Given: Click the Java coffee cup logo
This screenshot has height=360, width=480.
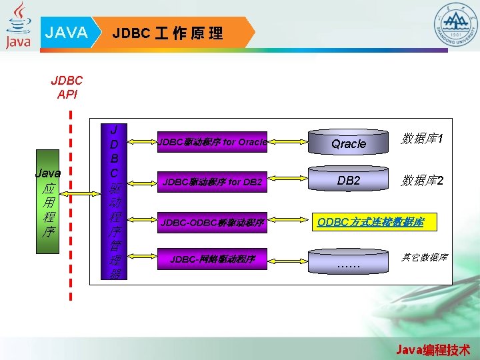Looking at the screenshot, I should click(x=19, y=25).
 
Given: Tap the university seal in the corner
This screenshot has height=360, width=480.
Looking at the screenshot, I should click(x=456, y=25).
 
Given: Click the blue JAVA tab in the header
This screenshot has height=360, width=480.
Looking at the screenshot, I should click(x=67, y=33).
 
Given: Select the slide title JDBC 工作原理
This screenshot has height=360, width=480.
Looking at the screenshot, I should click(x=168, y=33).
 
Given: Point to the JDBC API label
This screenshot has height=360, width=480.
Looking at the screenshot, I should click(x=67, y=87).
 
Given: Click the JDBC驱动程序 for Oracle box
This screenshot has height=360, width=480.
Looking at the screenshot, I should click(x=213, y=141).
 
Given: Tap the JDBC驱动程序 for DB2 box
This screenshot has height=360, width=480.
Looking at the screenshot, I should click(x=213, y=181).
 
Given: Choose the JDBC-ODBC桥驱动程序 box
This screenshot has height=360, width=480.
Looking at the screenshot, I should click(x=213, y=222).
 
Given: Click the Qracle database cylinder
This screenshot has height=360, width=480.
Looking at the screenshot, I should click(x=349, y=143).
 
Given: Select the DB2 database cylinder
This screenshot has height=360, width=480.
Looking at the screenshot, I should click(x=349, y=180).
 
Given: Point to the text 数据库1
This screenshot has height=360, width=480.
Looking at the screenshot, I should click(x=422, y=139).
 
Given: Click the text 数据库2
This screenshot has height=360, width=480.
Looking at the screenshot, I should click(x=422, y=181).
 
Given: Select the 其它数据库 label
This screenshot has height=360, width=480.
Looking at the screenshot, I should click(x=424, y=257).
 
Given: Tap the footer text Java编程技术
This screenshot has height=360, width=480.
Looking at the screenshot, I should click(x=433, y=349).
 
